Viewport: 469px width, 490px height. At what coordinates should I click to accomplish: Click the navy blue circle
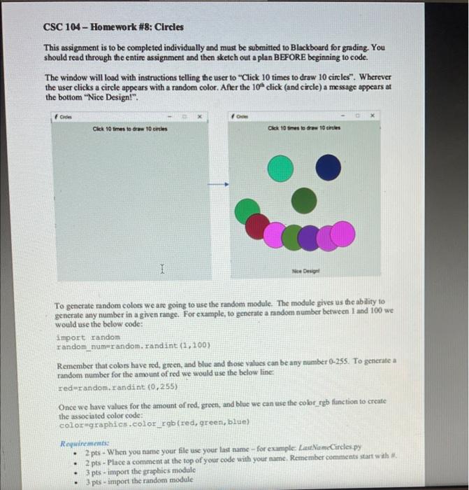[328, 168]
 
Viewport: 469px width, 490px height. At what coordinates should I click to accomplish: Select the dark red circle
[259, 225]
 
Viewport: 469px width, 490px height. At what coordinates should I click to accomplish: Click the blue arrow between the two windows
[219, 185]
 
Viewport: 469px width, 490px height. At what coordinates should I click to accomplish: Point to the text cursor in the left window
[162, 269]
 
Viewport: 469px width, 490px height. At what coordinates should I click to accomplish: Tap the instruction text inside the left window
[132, 129]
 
